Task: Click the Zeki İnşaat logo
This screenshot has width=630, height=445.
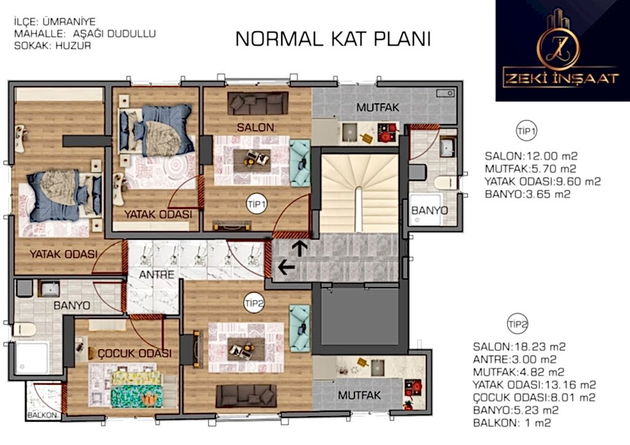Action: pyautogui.click(x=562, y=50)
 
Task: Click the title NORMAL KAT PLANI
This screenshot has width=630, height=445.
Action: pyautogui.click(x=333, y=39)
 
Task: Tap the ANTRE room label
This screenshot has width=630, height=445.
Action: pyautogui.click(x=157, y=275)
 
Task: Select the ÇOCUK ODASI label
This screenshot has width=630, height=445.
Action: pyautogui.click(x=135, y=353)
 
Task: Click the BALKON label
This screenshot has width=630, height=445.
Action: pyautogui.click(x=42, y=415)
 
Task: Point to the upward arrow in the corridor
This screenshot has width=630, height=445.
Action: pyautogui.click(x=300, y=248)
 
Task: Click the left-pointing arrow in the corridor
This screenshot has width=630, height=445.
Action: pyautogui.click(x=287, y=267)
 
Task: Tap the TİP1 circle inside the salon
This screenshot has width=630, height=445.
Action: pyautogui.click(x=257, y=204)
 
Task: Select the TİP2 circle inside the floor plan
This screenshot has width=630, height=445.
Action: pyautogui.click(x=254, y=304)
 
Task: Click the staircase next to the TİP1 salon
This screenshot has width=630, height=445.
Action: pyautogui.click(x=359, y=194)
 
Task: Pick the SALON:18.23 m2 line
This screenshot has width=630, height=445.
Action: pyautogui.click(x=519, y=347)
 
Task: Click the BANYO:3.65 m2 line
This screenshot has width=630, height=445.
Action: pyautogui.click(x=527, y=194)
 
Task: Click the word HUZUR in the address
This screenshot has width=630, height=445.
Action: pyautogui.click(x=73, y=45)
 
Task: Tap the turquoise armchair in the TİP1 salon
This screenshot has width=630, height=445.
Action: pyautogui.click(x=300, y=163)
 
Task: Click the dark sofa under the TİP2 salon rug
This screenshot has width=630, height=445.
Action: pyautogui.click(x=246, y=396)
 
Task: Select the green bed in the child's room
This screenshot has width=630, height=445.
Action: pyautogui.click(x=137, y=388)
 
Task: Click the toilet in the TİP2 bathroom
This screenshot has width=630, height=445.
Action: pyautogui.click(x=25, y=329)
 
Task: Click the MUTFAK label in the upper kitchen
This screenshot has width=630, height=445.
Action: pyautogui.click(x=378, y=108)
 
